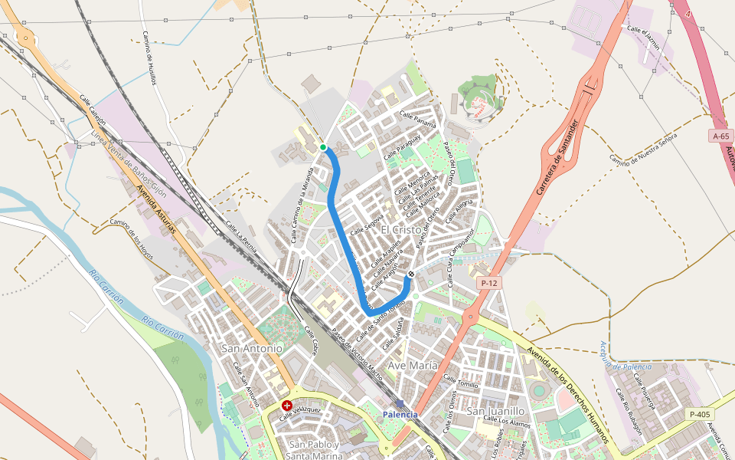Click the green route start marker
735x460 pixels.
point(323,147)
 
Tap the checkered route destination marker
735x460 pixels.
point(411,274)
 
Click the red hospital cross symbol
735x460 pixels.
point(287,405)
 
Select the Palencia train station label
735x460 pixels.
point(400,414)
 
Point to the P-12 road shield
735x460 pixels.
point(489,284)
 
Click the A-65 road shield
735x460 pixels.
point(720,136)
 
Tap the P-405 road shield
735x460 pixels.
point(700,414)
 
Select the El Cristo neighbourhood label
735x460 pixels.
point(400,230)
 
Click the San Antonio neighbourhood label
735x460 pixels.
point(252,348)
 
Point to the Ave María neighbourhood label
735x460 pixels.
point(413,366)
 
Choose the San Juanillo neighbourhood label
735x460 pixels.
point(495,412)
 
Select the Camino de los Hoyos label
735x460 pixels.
point(132,235)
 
